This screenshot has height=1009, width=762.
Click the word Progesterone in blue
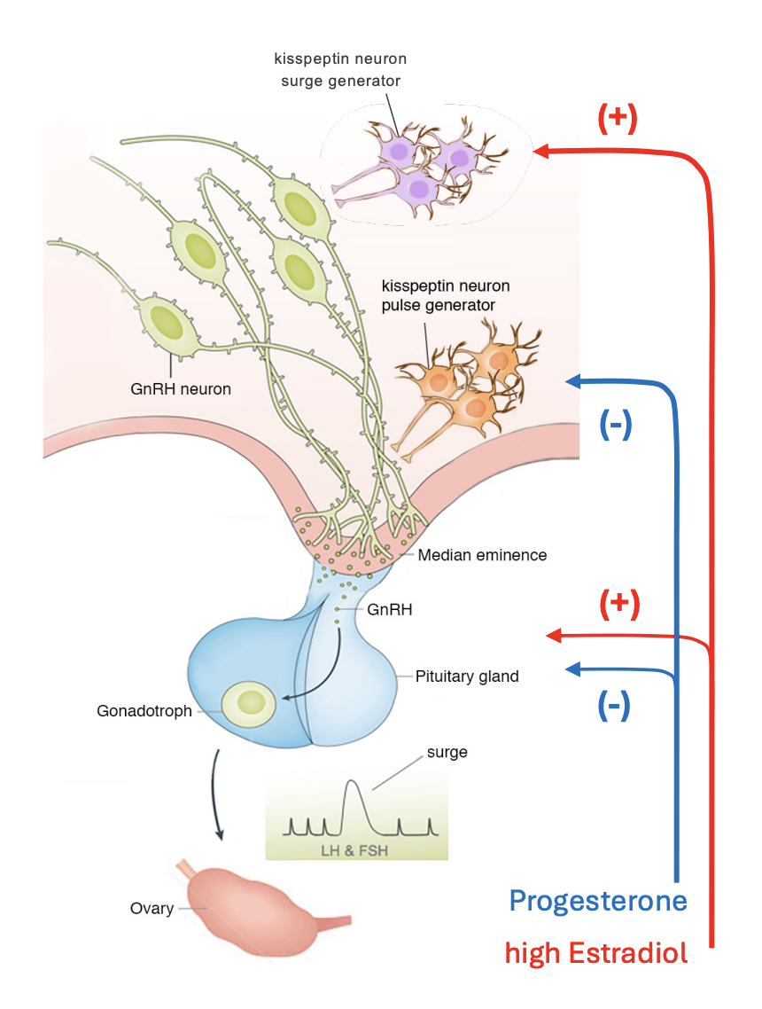coord(598,902)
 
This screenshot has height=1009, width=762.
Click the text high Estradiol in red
coord(595,954)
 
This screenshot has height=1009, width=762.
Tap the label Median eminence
coord(482,555)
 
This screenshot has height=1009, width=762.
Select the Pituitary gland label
coord(467,676)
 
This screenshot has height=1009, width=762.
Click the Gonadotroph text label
coord(144,710)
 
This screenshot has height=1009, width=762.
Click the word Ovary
coord(152,909)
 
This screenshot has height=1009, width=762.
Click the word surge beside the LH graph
coord(447,752)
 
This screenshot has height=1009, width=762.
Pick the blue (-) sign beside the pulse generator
coord(615,426)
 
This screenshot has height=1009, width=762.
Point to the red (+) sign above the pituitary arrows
coord(620,605)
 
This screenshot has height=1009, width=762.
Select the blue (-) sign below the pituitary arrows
coord(614,706)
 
